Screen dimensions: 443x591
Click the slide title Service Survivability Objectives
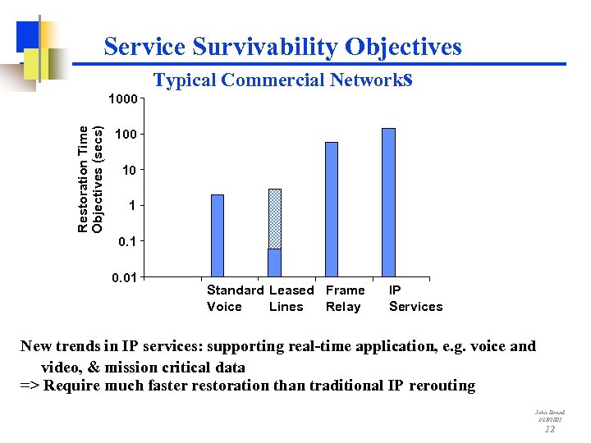coord(282,47)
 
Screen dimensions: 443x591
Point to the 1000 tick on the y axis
coord(124,99)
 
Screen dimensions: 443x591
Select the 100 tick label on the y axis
coord(128,134)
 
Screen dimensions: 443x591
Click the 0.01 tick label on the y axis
coord(124,276)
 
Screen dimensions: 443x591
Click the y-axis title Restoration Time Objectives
coord(90,178)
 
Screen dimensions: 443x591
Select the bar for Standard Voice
coord(218,235)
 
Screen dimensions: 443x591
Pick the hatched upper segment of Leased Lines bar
coord(275,219)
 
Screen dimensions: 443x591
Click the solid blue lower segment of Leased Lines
coord(275,263)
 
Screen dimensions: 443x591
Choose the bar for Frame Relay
coord(332,209)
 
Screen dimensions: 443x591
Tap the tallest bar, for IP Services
coord(389,202)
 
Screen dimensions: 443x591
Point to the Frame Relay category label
coord(345,299)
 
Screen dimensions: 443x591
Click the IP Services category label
coord(415,299)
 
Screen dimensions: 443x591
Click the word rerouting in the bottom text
coord(442,386)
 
